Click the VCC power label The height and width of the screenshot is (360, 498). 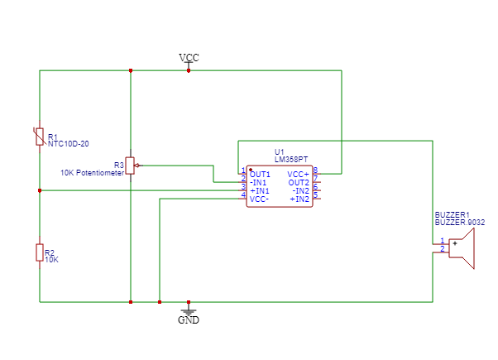189,58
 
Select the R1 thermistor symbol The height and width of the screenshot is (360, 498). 40,137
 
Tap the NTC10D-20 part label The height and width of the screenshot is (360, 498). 68,143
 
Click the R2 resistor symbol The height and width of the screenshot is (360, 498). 40,252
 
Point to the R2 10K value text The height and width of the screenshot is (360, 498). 51,259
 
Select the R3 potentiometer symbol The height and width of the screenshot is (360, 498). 130,166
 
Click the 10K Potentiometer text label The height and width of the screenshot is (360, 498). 92,173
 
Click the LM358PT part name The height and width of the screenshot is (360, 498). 291,158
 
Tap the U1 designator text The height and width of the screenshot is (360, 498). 279,151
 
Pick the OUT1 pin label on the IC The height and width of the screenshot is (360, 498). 260,174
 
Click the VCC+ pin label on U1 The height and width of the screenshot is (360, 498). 298,174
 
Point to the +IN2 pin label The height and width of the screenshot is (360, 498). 299,199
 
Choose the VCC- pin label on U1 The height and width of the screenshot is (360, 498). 259,199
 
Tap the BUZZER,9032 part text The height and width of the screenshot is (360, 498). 459,223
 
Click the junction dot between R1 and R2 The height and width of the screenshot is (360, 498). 40,190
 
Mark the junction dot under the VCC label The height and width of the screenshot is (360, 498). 189,70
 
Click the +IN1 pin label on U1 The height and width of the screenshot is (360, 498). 260,190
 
